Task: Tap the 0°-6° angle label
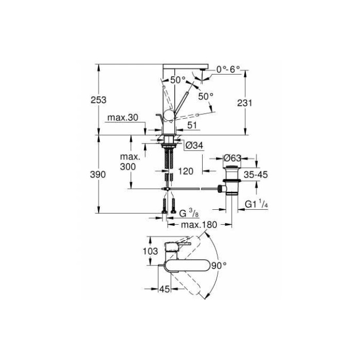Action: point(229,68)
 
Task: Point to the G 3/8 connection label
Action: point(184,213)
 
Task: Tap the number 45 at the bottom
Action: point(164,290)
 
